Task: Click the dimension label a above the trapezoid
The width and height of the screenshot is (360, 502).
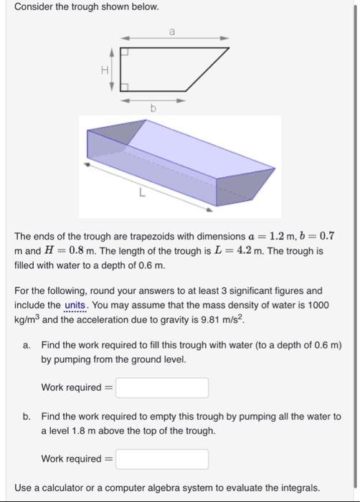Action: (x=172, y=31)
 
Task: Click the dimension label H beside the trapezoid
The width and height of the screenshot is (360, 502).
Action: (x=105, y=70)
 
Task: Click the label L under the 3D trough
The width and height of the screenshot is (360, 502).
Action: (x=143, y=193)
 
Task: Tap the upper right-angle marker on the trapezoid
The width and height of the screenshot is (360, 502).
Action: (x=124, y=52)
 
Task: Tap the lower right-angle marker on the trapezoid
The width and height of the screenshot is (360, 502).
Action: (x=124, y=87)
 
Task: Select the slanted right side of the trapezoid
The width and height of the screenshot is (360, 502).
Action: (x=208, y=70)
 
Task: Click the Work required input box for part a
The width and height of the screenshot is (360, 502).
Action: (x=162, y=388)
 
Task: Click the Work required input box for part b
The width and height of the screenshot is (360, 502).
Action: (x=162, y=459)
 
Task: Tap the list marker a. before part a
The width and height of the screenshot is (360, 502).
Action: (x=27, y=346)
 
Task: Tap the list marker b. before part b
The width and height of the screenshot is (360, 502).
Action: (x=27, y=417)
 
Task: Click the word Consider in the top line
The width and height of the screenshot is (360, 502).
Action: (x=33, y=7)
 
